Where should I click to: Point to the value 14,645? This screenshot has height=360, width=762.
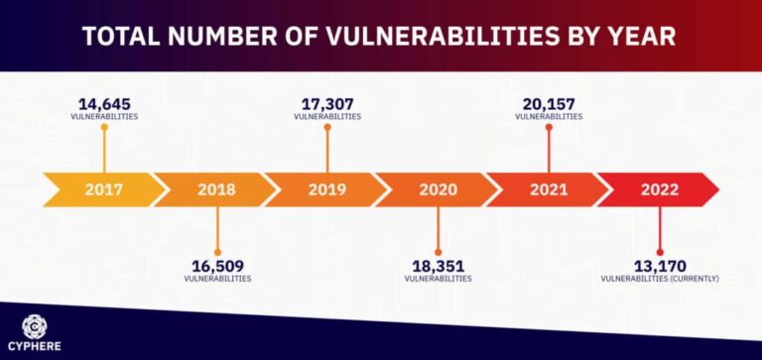pos(104,104)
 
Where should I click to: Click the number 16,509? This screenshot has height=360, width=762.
pos(217,266)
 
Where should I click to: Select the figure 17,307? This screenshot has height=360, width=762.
pos(327,104)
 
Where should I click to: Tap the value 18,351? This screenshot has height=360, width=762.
pos(438,266)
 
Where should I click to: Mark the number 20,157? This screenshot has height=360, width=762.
pos(549,104)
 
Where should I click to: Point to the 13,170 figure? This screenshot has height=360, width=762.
pos(660,266)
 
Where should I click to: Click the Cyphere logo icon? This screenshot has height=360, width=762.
pos(34,324)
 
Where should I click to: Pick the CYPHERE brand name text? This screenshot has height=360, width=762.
pos(34,347)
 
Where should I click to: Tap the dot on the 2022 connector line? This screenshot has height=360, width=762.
pos(660,252)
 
